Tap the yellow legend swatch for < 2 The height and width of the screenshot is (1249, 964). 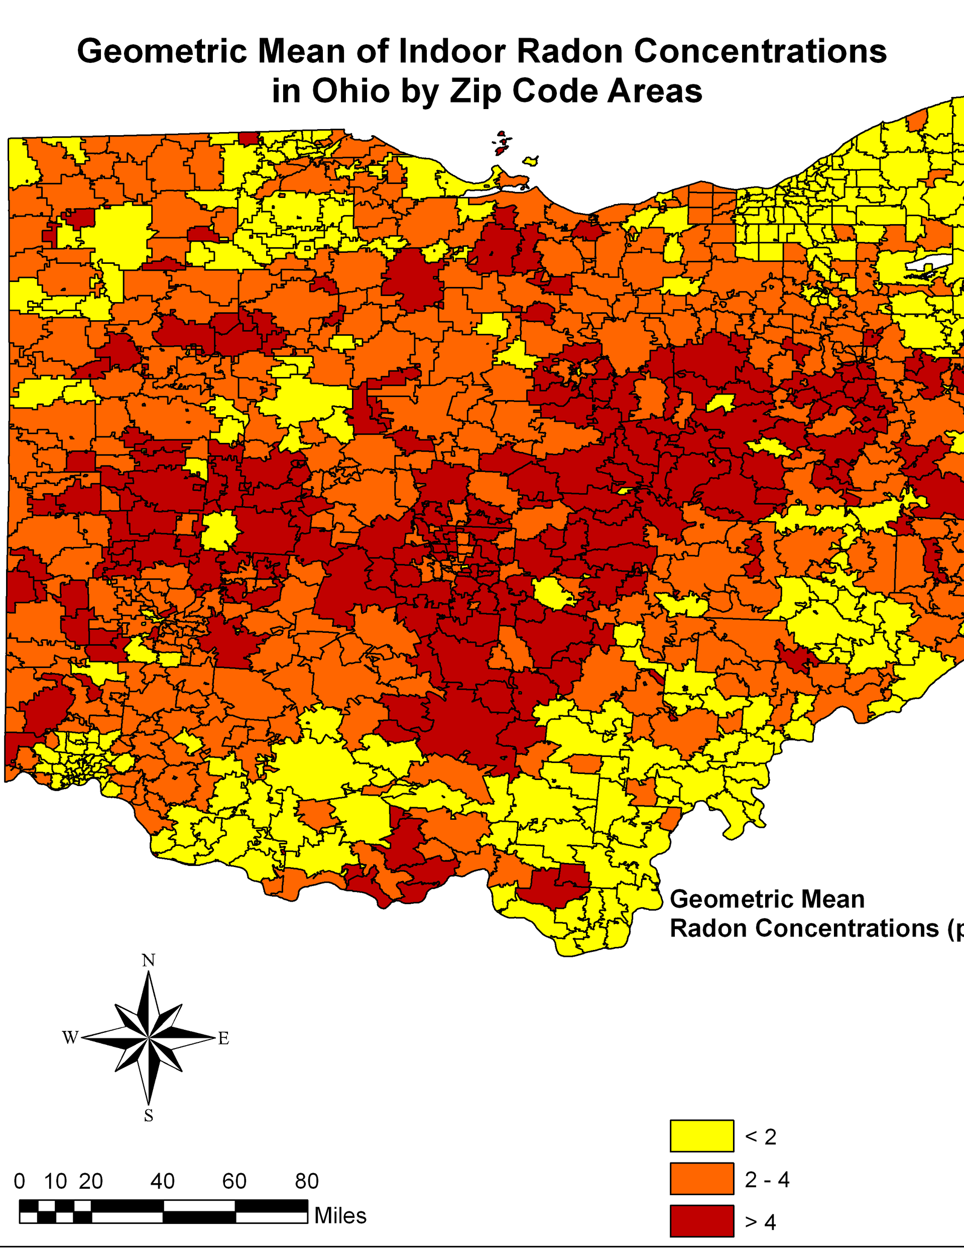(702, 1135)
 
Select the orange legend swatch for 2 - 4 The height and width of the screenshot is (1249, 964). (702, 1179)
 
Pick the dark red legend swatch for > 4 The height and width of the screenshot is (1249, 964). (702, 1221)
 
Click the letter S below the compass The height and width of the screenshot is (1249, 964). (149, 1116)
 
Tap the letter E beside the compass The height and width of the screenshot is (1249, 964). (223, 1038)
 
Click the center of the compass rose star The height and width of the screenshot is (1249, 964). (149, 1037)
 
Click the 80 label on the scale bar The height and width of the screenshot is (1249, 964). (307, 1181)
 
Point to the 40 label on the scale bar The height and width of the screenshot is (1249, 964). (162, 1181)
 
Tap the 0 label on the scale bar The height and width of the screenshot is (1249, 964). (20, 1181)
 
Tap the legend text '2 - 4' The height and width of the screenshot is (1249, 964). (767, 1179)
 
